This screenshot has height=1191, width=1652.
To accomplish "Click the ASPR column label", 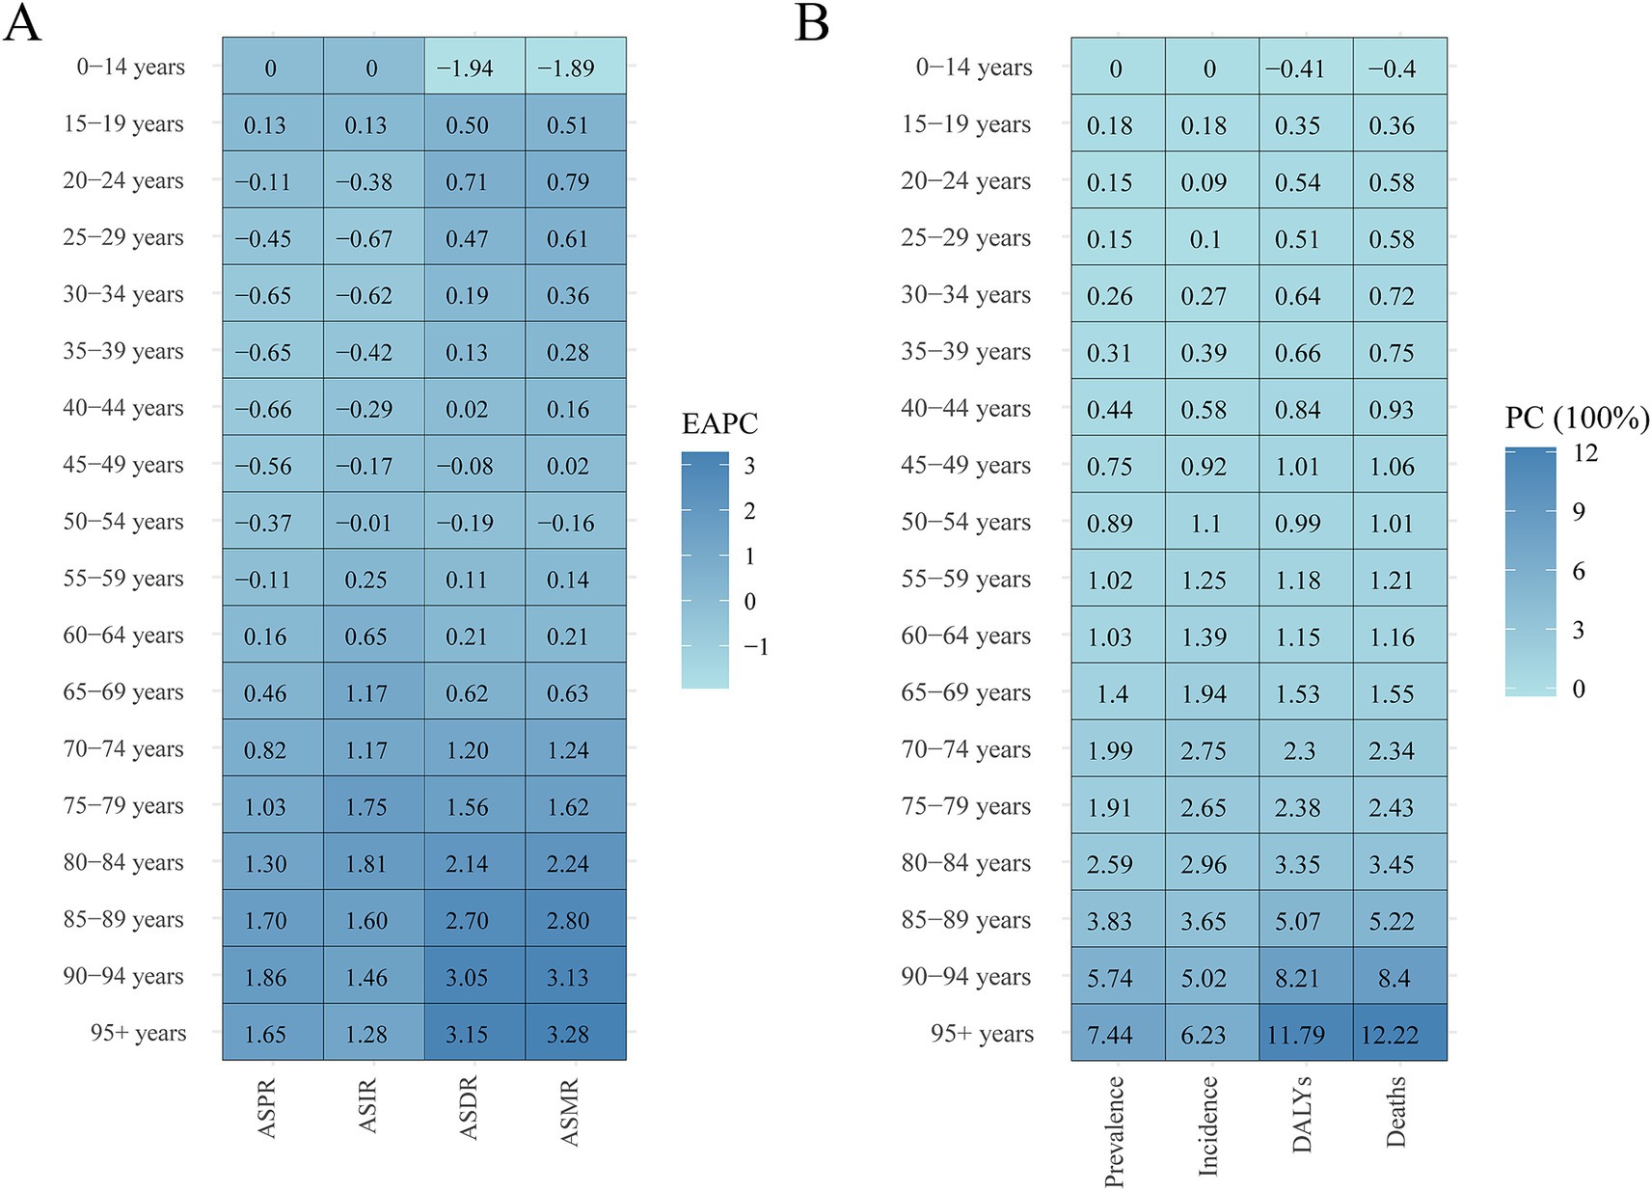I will click(268, 1109).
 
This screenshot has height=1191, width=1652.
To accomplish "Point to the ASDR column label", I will click(469, 1109).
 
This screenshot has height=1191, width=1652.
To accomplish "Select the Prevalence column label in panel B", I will click(1115, 1131).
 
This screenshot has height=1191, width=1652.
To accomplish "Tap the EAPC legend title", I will click(719, 423).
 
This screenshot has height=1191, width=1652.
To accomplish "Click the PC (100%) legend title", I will click(1577, 418).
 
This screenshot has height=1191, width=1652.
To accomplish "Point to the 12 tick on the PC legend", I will click(1585, 452).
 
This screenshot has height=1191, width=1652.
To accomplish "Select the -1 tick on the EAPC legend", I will click(756, 646).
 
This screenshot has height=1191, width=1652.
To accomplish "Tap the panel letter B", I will click(812, 23).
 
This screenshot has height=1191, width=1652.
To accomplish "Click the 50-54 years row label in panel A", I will click(122, 522).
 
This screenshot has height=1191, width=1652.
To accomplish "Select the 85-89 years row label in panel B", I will click(965, 920).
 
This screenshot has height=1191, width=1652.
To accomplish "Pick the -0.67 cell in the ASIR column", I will click(365, 238).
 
